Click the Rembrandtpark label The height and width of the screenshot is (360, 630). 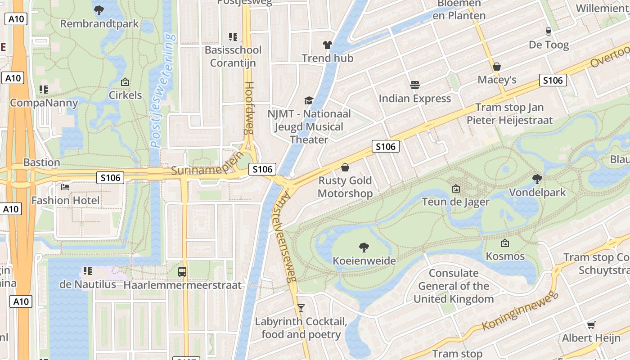[99, 24]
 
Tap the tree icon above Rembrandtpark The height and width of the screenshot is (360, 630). [99, 9]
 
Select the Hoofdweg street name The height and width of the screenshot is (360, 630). [249, 108]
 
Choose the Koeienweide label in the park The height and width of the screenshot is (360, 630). [364, 261]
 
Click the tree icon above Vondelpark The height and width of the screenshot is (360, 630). [537, 179]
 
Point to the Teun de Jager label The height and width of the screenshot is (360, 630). [455, 202]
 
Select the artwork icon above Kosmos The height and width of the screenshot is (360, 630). [505, 243]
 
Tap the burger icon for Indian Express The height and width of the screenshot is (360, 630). [414, 85]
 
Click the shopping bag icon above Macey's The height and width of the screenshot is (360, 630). [497, 67]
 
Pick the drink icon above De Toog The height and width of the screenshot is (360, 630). [548, 31]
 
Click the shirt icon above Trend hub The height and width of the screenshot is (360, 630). [327, 45]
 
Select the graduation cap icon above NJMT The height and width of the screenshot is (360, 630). [309, 100]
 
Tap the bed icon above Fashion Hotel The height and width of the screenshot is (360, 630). [65, 187]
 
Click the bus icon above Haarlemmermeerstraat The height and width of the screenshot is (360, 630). [182, 271]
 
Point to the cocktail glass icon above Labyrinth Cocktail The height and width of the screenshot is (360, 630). [301, 308]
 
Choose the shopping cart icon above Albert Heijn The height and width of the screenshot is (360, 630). [591, 325]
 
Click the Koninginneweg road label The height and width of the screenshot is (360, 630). [520, 310]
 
